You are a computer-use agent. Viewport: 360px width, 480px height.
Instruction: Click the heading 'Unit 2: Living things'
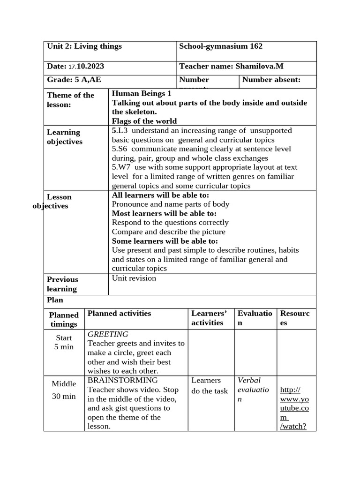click(84, 46)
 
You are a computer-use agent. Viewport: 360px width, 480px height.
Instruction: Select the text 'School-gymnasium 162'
click(221, 46)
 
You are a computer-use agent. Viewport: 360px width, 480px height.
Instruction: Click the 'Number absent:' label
click(271, 80)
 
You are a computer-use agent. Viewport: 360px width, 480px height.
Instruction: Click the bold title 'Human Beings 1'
click(142, 93)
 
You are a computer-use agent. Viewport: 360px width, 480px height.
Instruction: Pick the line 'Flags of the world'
click(144, 121)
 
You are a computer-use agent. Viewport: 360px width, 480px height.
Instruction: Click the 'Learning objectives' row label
click(65, 137)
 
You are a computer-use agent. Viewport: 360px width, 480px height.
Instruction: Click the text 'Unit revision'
click(134, 278)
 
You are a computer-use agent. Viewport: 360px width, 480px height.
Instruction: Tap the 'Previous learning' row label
click(62, 284)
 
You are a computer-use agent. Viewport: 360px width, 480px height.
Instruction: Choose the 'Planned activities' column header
click(119, 314)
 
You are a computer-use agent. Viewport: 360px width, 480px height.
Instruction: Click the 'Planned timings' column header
click(64, 320)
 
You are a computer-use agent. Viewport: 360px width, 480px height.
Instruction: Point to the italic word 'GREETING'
click(108, 334)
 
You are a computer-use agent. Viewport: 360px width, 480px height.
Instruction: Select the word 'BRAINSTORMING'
click(123, 380)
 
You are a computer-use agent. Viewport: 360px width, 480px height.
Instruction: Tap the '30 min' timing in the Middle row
click(64, 396)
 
